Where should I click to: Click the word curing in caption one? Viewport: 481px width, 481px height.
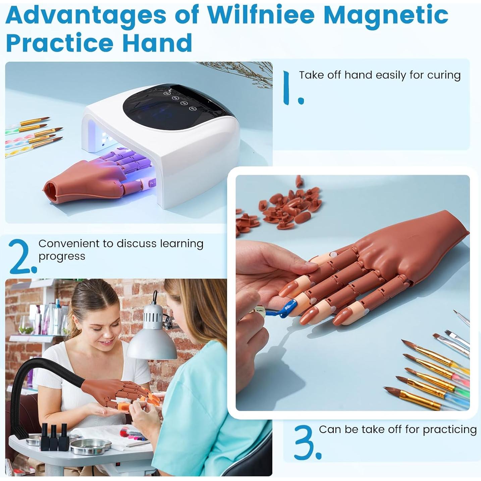(x=443, y=75)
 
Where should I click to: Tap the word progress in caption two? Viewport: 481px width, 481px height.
(x=62, y=257)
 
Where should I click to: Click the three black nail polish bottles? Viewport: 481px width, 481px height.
(x=54, y=438)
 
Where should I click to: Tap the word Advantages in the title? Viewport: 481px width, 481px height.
(x=86, y=15)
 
